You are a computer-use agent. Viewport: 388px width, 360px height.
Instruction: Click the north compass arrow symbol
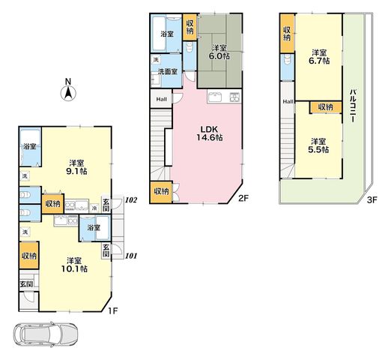[x=68, y=94]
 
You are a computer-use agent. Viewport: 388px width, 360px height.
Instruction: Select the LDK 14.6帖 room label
[x=210, y=133]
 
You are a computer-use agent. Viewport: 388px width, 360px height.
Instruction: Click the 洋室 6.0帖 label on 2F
[x=219, y=52]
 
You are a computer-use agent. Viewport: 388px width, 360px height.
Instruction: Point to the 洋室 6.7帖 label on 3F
[x=319, y=57]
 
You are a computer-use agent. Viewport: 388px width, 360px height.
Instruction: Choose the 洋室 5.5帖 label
[x=318, y=145]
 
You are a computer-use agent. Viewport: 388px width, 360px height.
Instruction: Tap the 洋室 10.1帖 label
[x=74, y=265]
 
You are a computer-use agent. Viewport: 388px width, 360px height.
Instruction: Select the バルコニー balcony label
[x=353, y=105]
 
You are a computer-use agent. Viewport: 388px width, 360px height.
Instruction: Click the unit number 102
[x=131, y=200]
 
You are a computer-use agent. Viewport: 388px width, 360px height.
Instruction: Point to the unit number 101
[x=131, y=256]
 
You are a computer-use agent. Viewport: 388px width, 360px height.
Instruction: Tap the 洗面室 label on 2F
[x=169, y=72]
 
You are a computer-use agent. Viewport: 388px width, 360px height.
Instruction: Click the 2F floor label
[x=243, y=198]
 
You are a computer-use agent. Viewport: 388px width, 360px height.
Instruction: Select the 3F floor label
[x=372, y=200]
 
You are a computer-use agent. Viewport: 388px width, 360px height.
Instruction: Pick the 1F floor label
[x=112, y=310]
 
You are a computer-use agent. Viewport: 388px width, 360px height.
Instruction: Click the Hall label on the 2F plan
[x=161, y=99]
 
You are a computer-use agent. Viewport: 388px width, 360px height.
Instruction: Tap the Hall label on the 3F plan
[x=288, y=102]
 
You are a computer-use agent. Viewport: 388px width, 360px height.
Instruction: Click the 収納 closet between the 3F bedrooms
[x=326, y=107]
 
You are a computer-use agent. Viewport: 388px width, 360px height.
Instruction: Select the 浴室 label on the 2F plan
[x=167, y=34]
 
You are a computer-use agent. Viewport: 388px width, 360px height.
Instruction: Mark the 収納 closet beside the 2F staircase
[x=161, y=192]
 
